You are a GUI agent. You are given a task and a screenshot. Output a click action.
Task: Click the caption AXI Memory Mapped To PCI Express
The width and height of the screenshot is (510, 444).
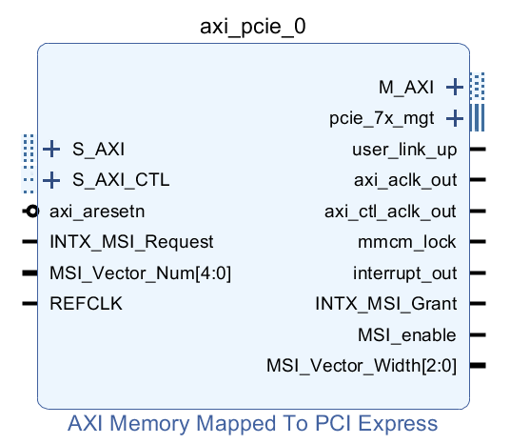click(x=253, y=424)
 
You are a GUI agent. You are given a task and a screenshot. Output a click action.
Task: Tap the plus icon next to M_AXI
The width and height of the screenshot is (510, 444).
click(x=455, y=88)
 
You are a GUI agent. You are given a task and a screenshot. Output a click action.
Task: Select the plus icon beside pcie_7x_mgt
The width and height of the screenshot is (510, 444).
click(x=455, y=119)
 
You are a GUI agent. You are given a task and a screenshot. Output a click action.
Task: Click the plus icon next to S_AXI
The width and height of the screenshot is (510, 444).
click(x=51, y=149)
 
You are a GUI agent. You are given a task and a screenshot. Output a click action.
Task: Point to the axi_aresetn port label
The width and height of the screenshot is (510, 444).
click(x=97, y=212)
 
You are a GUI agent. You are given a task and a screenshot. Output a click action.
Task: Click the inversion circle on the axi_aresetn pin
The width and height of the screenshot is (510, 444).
click(x=31, y=212)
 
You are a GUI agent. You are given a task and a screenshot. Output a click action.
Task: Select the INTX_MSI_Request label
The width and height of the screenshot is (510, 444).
click(x=131, y=242)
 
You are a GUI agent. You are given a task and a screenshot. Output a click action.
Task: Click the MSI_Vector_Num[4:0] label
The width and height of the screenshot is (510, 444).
click(x=140, y=273)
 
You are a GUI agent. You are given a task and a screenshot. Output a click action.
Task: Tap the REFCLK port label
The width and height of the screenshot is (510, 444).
click(x=86, y=304)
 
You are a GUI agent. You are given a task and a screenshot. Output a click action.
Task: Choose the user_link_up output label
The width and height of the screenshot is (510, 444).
click(x=404, y=150)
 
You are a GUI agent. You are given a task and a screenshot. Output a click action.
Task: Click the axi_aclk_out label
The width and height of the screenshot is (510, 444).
click(x=405, y=180)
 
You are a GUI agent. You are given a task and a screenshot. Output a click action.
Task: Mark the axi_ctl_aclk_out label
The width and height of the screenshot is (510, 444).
click(x=390, y=212)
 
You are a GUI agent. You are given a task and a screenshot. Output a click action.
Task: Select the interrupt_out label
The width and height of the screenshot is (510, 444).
click(x=404, y=273)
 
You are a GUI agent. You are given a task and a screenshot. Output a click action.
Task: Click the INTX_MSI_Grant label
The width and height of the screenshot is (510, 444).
click(x=385, y=304)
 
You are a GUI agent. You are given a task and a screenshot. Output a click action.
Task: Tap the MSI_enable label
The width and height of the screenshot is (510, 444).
click(x=407, y=335)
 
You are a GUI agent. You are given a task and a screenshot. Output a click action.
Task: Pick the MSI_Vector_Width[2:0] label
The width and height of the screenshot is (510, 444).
click(x=362, y=366)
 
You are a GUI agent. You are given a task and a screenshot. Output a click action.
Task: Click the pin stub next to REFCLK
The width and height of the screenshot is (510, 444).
click(x=29, y=304)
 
